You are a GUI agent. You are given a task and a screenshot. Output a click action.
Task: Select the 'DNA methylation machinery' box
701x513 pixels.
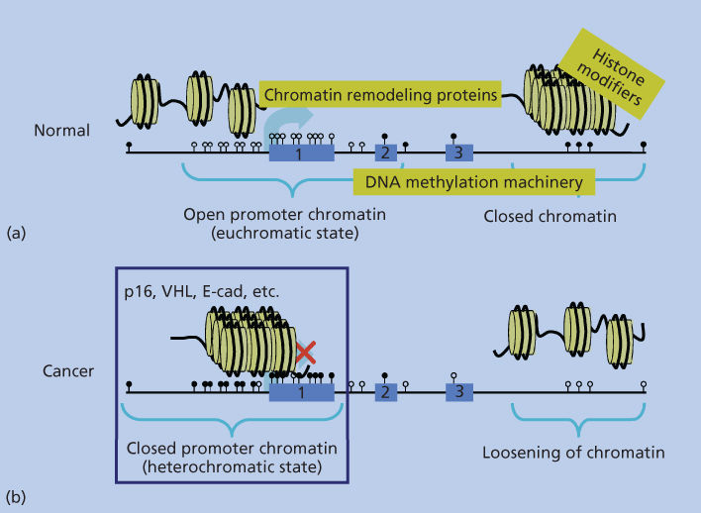coord(474,181)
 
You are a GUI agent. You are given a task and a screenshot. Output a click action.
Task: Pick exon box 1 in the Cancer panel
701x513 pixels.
coord(301,392)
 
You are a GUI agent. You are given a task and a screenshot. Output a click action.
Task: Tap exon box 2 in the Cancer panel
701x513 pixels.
coord(386,392)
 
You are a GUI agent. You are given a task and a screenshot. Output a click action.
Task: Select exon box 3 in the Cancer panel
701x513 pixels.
coord(458,392)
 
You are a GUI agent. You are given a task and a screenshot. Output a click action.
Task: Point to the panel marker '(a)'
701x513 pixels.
coord(16,233)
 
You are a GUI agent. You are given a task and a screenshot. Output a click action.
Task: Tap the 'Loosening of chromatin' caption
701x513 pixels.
coord(572,454)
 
